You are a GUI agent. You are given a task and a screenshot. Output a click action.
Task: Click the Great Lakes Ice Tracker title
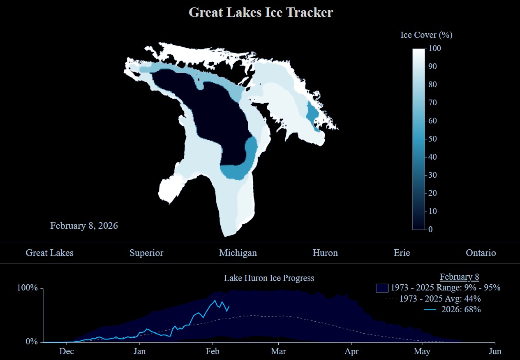click(261, 12)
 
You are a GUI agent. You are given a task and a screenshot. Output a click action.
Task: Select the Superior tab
click(146, 253)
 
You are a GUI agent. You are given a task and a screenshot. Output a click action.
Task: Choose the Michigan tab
click(238, 253)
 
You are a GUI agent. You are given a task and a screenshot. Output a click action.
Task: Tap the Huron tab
click(325, 253)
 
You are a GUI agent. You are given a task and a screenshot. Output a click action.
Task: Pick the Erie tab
click(402, 253)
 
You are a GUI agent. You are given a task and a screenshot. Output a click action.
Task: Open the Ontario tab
click(481, 253)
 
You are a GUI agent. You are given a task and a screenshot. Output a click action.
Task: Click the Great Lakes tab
click(49, 253)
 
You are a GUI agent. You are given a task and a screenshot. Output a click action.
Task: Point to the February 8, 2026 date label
click(84, 225)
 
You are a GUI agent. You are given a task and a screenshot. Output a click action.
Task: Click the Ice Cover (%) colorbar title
click(426, 35)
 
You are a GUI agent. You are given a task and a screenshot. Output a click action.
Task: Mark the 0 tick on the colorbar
click(430, 229)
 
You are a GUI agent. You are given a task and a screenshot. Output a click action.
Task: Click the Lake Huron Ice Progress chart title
click(269, 278)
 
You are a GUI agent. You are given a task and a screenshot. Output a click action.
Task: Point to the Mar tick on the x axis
click(279, 351)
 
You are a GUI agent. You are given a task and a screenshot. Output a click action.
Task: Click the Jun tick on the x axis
click(495, 351)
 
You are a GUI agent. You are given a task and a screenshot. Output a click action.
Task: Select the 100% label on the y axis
click(27, 288)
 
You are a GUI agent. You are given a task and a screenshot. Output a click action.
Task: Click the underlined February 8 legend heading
click(459, 276)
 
